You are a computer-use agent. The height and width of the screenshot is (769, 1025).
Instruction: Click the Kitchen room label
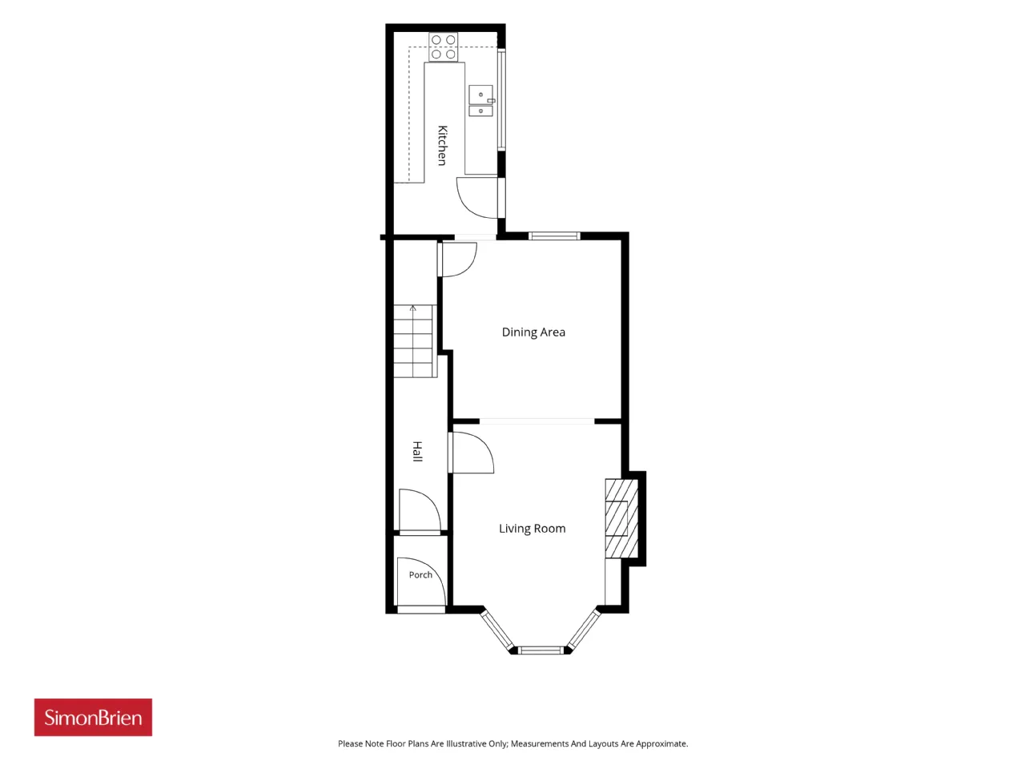pyautogui.click(x=442, y=145)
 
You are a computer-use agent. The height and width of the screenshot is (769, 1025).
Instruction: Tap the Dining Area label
pyautogui.click(x=533, y=332)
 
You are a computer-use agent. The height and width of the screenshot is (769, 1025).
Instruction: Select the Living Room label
pyautogui.click(x=532, y=529)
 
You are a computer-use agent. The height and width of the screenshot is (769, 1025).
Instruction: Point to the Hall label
pyautogui.click(x=417, y=452)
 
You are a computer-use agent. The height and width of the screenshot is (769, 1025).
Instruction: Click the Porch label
pyautogui.click(x=420, y=575)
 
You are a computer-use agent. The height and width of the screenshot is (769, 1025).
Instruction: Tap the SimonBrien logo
pyautogui.click(x=93, y=717)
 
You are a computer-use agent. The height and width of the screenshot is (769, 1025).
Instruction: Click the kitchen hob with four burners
pyautogui.click(x=443, y=46)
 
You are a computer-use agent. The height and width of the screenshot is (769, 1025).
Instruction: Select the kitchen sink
pyautogui.click(x=481, y=100)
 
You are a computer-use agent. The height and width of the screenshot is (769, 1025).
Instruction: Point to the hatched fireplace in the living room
pyautogui.click(x=621, y=518)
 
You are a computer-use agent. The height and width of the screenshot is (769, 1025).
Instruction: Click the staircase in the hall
pyautogui.click(x=415, y=341)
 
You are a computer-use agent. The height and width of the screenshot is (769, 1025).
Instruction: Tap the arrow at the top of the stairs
pyautogui.click(x=412, y=308)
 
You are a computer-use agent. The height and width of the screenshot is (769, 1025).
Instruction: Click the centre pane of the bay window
pyautogui.click(x=541, y=650)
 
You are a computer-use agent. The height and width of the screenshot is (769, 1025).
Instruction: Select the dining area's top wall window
pyautogui.click(x=554, y=236)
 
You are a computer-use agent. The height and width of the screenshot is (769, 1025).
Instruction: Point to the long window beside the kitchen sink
pyautogui.click(x=501, y=99)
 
